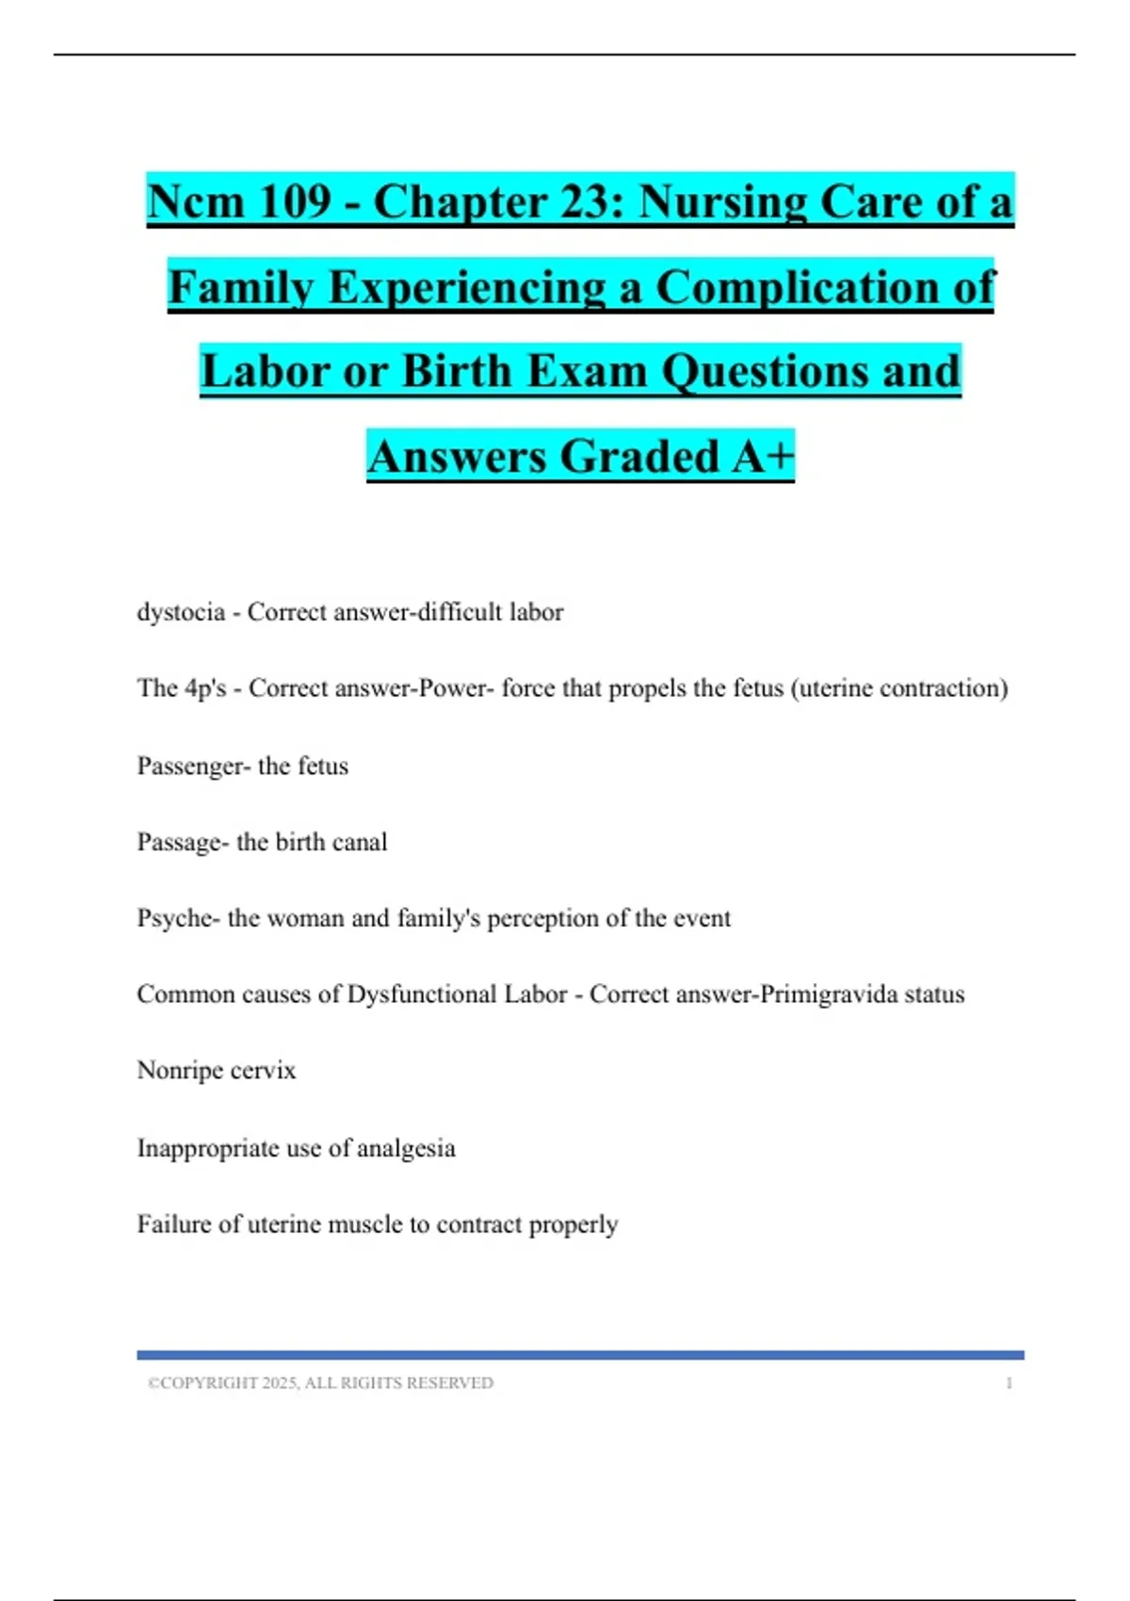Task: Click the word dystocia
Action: tap(181, 612)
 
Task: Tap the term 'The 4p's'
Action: tap(182, 688)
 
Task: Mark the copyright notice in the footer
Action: tap(320, 1383)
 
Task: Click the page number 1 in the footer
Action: tap(1009, 1383)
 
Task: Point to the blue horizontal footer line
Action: tap(580, 1355)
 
